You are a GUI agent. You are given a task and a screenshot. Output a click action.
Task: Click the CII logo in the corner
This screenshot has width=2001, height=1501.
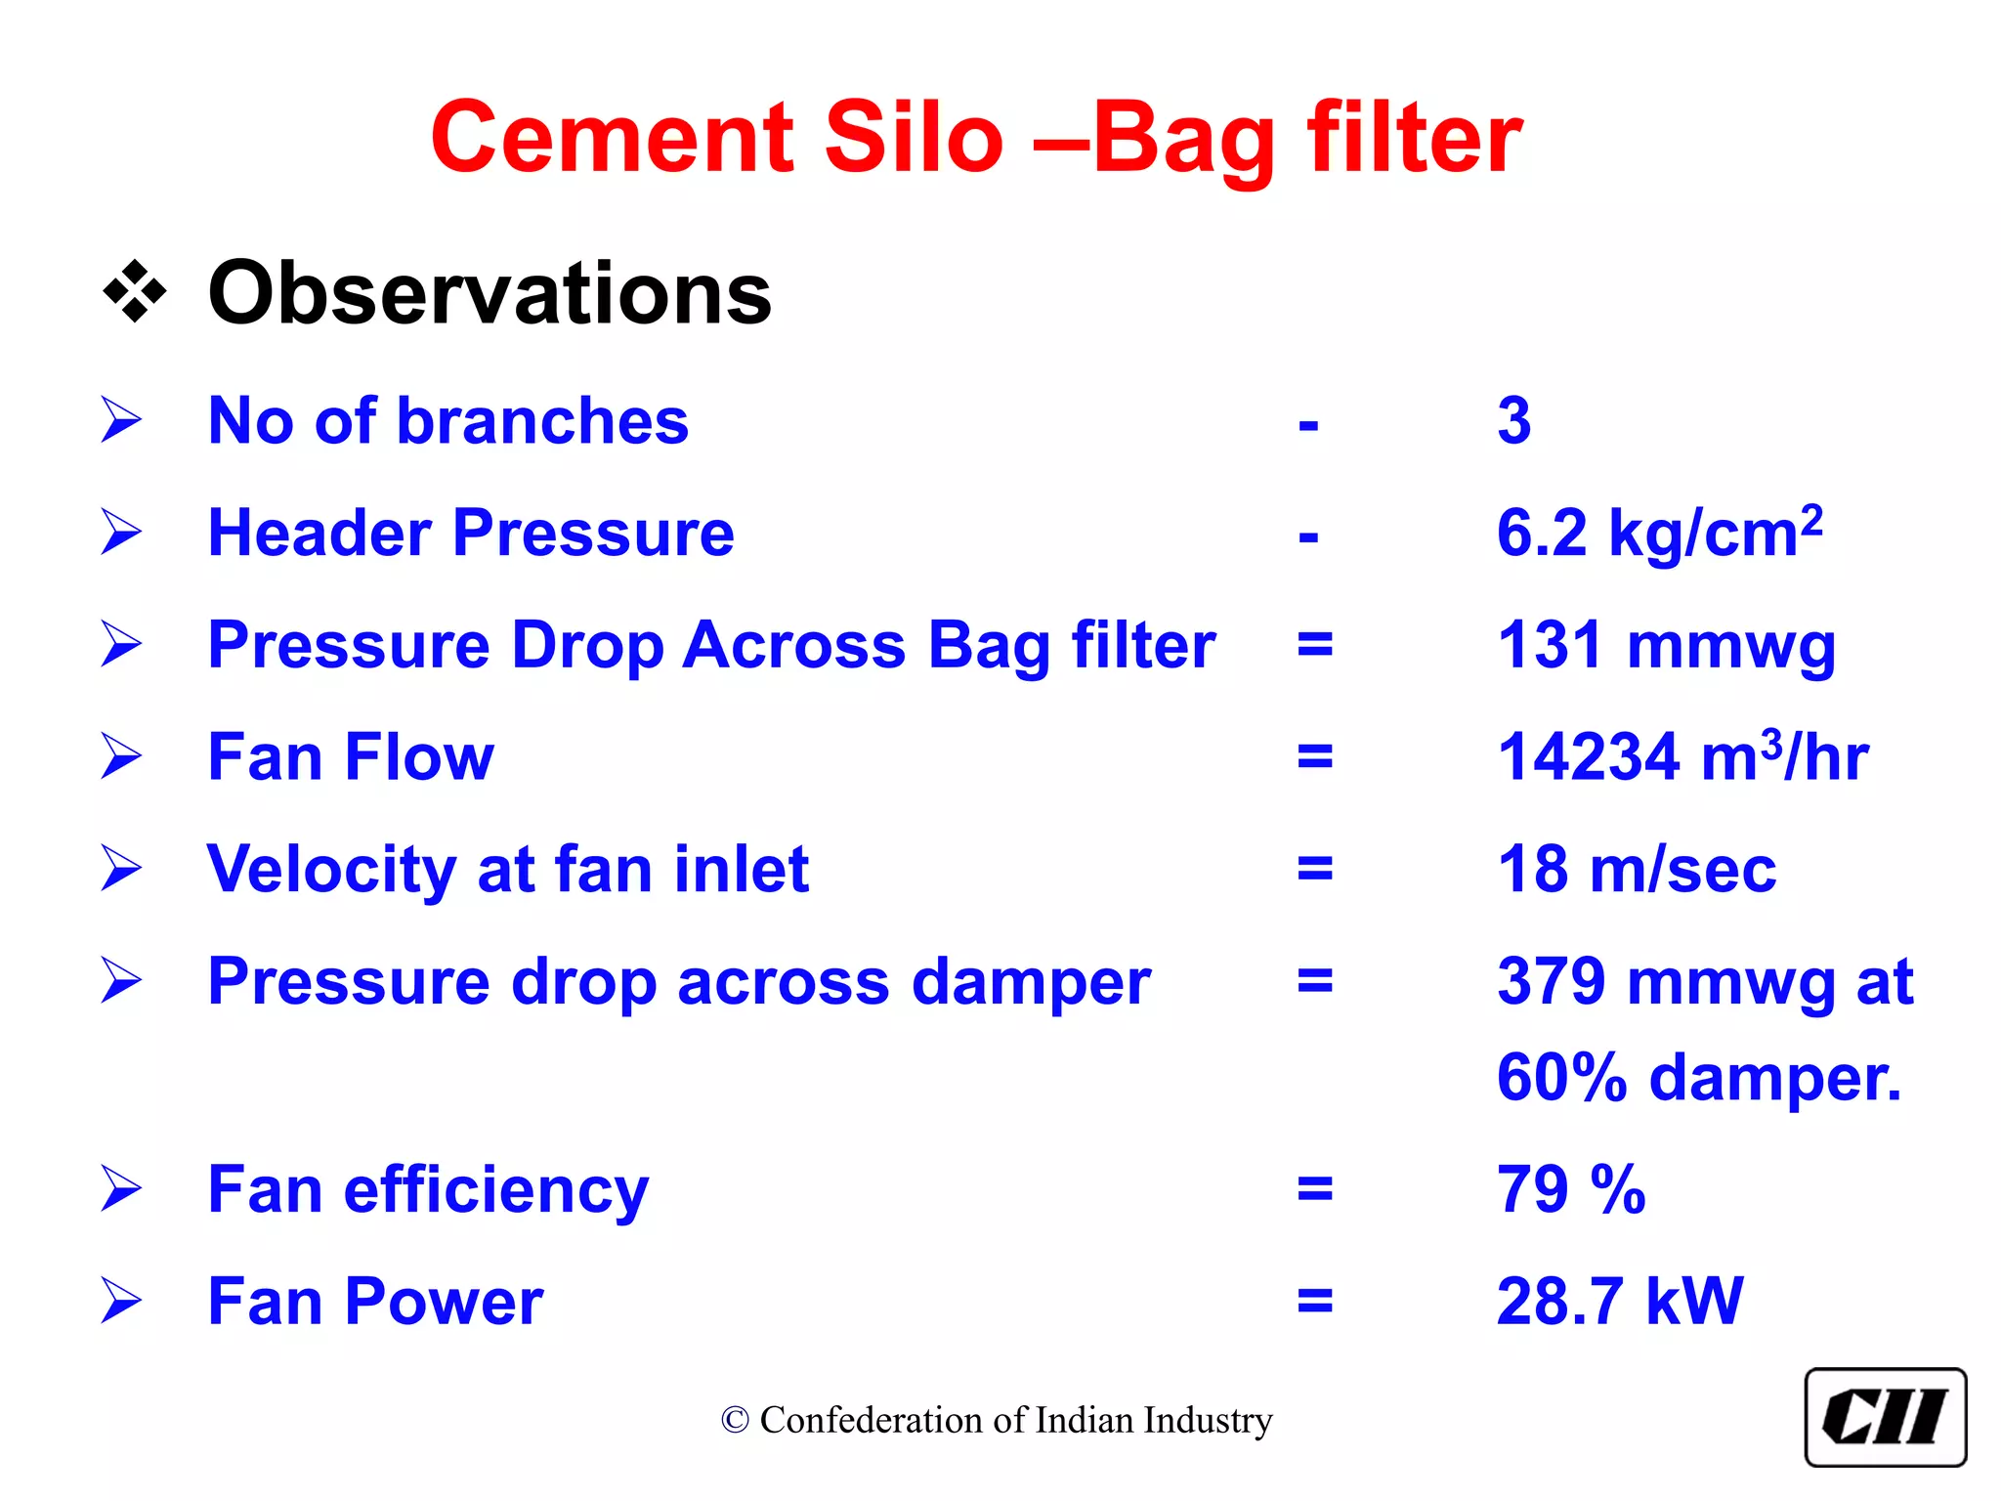[x=1885, y=1417]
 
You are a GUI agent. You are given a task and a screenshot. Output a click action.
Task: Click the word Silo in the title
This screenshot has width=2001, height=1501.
[x=914, y=138]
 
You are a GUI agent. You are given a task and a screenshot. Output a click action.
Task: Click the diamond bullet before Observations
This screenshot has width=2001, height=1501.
[x=135, y=292]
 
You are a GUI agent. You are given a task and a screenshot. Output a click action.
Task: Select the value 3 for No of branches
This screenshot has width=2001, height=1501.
[x=1513, y=421]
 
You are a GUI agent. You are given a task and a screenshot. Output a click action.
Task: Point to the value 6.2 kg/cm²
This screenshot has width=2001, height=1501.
[x=1659, y=534]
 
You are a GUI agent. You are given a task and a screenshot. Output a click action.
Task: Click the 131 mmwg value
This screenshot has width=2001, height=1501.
[x=1666, y=646]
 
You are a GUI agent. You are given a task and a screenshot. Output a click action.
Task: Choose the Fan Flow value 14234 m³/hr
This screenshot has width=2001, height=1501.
[x=1682, y=757]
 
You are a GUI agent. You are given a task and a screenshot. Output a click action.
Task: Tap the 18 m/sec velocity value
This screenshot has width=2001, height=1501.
[x=1637, y=870]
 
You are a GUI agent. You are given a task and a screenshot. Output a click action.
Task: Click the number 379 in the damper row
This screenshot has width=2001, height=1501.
[x=1552, y=981]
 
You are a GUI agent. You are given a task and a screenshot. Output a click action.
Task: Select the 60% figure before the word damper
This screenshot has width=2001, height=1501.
[x=1561, y=1078]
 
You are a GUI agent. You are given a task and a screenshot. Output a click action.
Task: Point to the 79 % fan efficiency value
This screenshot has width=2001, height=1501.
[x=1571, y=1190]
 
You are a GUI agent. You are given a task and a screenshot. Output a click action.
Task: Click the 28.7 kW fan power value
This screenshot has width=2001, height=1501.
[x=1619, y=1302]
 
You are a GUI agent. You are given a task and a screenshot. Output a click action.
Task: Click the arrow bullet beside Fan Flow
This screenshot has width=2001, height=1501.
[x=121, y=757]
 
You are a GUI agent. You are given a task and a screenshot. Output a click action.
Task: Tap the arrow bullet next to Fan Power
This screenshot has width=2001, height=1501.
[x=121, y=1302]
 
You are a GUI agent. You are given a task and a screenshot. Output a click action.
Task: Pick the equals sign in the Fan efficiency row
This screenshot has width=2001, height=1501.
[x=1314, y=1190]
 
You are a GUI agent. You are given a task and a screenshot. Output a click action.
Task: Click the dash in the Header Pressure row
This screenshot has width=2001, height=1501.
[x=1308, y=536]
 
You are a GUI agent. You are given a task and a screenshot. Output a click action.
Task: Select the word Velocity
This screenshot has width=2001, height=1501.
[x=330, y=870]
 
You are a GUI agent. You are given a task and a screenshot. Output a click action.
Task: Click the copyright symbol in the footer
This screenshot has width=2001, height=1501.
[x=735, y=1421]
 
